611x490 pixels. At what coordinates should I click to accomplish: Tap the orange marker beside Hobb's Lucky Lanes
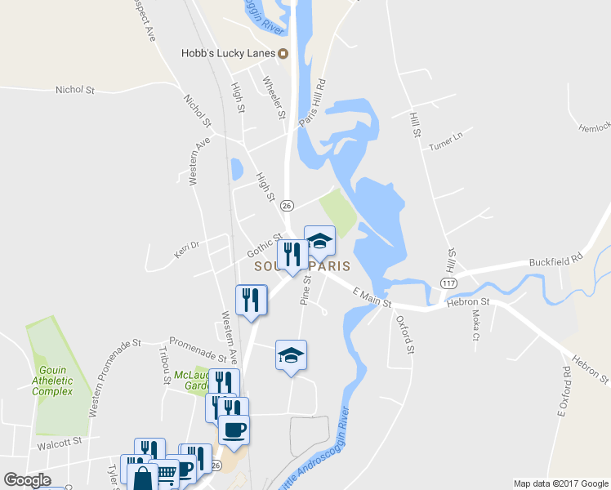click(283, 55)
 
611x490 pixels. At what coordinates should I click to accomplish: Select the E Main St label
click(372, 297)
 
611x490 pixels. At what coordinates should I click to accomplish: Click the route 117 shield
click(448, 283)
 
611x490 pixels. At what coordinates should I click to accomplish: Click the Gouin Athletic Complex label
click(52, 381)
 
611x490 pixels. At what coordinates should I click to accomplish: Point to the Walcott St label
click(60, 441)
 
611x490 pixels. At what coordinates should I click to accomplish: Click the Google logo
click(27, 480)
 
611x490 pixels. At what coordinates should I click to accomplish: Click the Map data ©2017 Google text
click(560, 483)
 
